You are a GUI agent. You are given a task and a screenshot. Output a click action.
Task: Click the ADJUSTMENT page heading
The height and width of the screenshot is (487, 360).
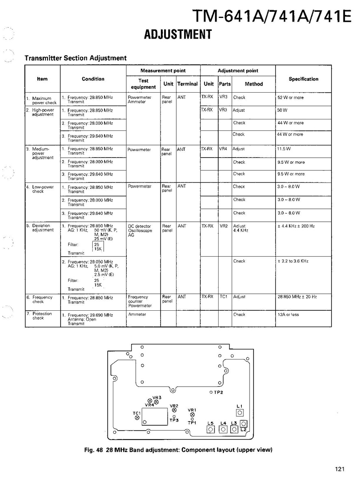(x=178, y=35)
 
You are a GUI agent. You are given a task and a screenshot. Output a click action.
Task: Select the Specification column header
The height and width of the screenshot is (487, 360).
(x=303, y=79)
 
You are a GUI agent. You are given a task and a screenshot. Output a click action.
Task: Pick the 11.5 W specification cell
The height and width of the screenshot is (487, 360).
(x=284, y=149)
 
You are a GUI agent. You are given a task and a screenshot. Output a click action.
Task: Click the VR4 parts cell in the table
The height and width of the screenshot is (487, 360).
(x=223, y=149)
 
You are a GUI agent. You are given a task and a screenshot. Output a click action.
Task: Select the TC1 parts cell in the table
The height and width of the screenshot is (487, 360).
(x=223, y=297)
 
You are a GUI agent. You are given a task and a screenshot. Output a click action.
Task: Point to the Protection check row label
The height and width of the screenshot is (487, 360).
(x=42, y=316)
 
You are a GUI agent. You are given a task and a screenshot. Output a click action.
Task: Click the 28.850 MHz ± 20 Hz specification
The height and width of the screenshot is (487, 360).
(x=297, y=297)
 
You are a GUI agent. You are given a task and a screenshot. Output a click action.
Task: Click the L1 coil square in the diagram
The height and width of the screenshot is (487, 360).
(x=240, y=413)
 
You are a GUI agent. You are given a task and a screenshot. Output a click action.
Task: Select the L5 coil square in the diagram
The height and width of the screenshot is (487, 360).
(x=210, y=430)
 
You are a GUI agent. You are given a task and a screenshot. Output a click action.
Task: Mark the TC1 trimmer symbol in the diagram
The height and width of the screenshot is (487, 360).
(x=137, y=418)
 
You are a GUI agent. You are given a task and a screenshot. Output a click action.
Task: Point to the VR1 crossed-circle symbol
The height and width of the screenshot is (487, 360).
(x=192, y=415)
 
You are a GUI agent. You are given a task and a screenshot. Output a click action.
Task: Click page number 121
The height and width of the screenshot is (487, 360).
(x=340, y=470)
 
